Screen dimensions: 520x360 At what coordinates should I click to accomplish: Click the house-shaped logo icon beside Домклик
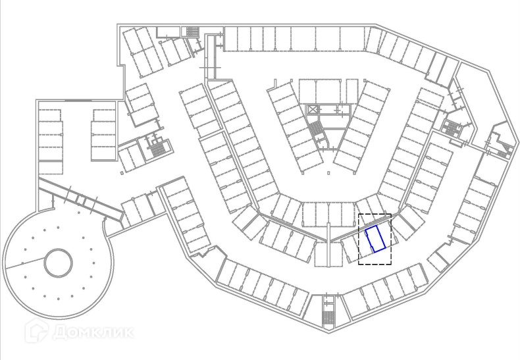tap(34, 330)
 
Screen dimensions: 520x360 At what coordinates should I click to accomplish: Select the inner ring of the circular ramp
tap(58, 263)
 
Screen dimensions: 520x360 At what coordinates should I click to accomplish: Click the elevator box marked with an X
tap(313, 109)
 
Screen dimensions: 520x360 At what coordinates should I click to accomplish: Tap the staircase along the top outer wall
tap(192, 32)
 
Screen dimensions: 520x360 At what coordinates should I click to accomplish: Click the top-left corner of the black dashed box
tap(358, 215)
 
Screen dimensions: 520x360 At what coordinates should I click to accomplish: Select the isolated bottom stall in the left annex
tap(49, 168)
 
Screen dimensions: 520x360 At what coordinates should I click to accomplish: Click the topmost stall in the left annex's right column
tap(103, 116)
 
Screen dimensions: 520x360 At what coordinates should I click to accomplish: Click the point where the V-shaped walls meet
tap(328, 239)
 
